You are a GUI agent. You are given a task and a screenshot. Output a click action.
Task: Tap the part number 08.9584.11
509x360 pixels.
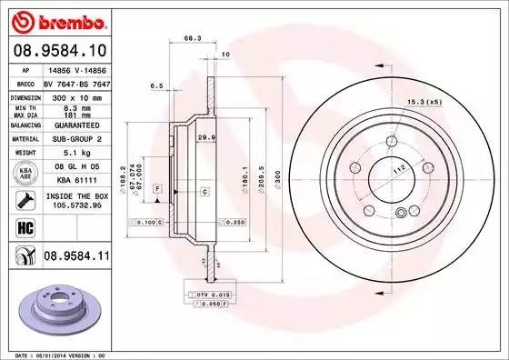pos(75,257)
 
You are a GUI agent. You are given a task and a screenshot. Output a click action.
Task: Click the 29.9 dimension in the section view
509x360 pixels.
pos(205,137)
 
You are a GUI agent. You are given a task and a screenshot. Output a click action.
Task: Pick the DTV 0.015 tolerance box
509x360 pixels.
pos(211,295)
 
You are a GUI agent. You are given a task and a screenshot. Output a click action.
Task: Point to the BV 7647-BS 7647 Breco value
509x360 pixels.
pos(75,82)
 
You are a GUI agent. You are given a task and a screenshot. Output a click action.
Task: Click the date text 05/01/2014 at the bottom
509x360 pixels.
pos(73,354)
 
